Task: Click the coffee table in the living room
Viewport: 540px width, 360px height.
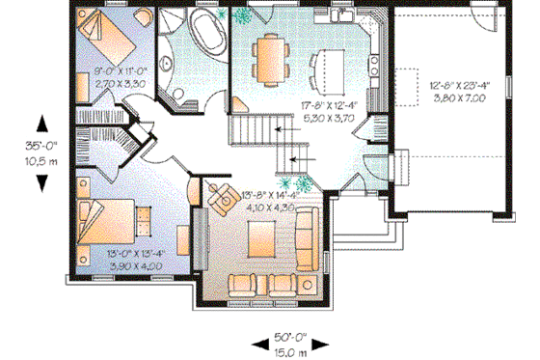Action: tap(261, 236)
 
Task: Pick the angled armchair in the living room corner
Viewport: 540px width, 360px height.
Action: tap(224, 195)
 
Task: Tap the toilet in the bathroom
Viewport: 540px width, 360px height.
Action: tap(176, 95)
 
